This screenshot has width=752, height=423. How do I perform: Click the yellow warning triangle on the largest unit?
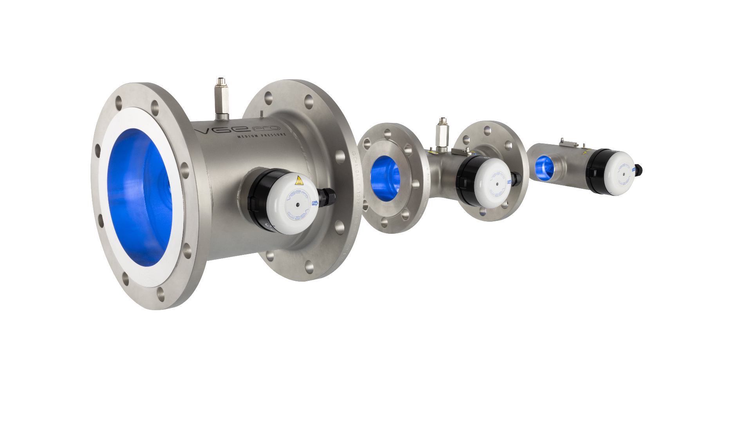coord(299,181)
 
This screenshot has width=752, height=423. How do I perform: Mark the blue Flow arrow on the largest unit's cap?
coord(314,203)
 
